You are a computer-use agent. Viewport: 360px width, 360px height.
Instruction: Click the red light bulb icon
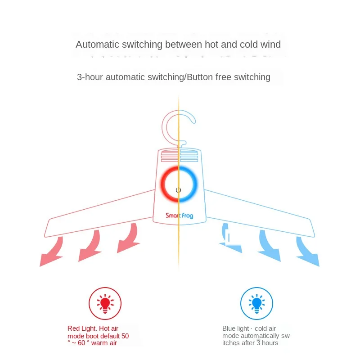(x=105, y=304)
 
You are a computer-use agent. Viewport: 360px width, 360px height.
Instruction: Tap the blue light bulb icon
(x=256, y=304)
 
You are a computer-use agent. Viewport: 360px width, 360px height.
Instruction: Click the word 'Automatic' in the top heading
(x=96, y=45)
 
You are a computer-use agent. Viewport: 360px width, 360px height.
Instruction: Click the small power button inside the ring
(x=179, y=190)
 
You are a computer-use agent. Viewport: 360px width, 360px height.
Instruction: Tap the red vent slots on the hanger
(x=169, y=157)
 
